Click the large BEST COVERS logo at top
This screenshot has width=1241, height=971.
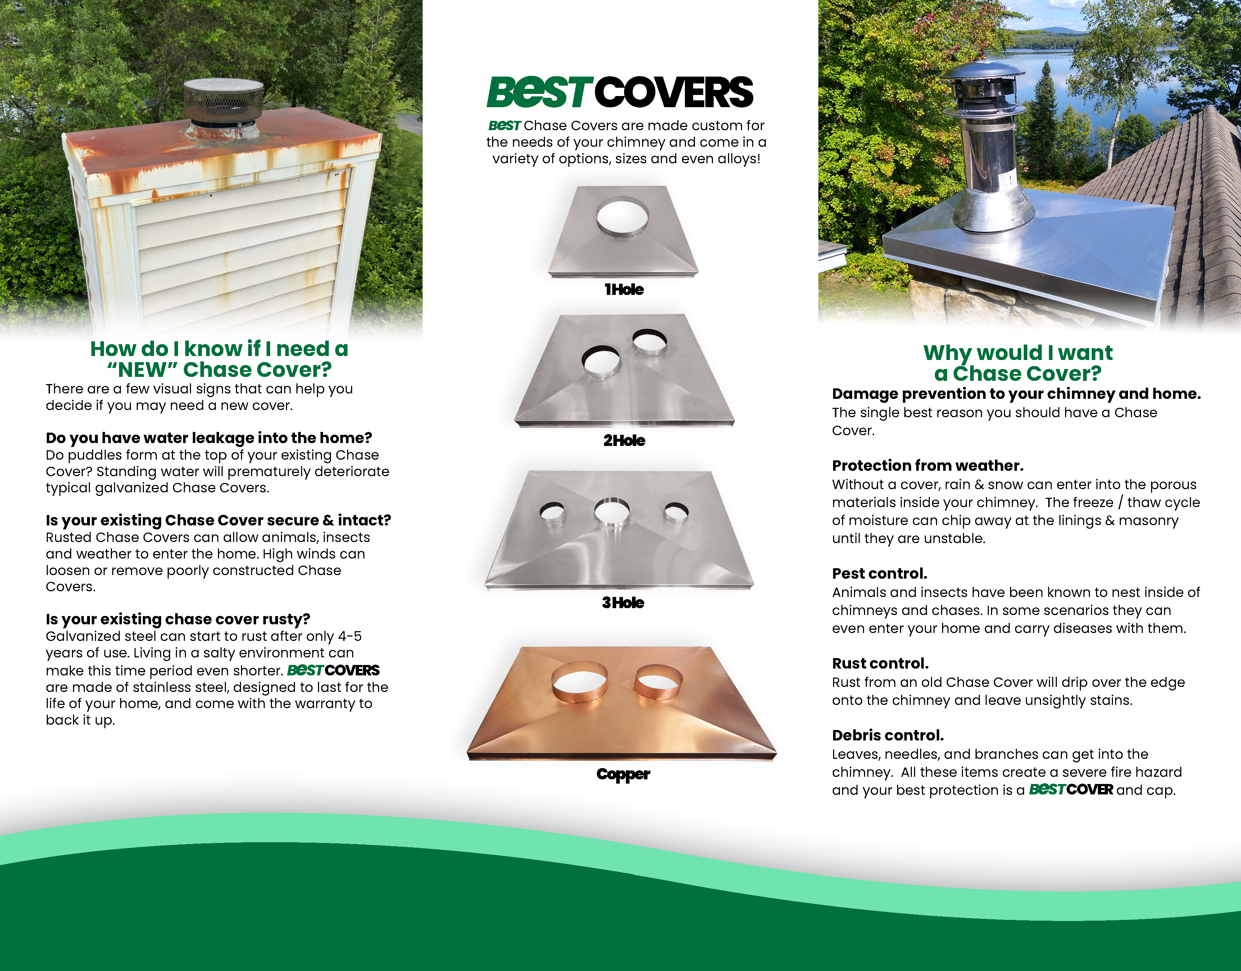coord(620,92)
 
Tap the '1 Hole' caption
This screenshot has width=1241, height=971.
coord(624,290)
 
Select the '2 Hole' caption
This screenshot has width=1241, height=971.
coord(624,441)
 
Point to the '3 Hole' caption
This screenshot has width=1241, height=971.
coord(623,603)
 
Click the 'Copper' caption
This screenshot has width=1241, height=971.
coord(623,774)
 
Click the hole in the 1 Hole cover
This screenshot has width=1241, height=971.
coord(623,215)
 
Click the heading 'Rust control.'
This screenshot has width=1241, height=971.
coord(880,664)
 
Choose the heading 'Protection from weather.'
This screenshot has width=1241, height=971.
coord(928,466)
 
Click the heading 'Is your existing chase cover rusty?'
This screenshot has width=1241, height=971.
coord(178,619)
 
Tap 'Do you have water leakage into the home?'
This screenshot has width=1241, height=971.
coord(209,438)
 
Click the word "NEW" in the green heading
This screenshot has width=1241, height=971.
coord(142,370)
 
